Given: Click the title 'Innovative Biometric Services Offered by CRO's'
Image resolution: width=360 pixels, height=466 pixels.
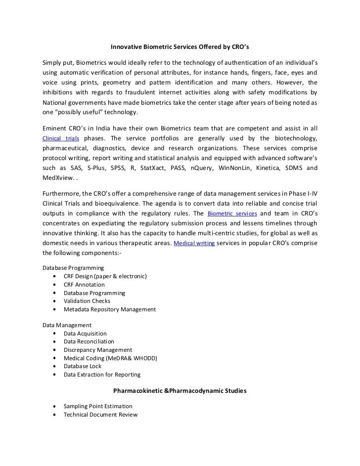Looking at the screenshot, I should [180, 48].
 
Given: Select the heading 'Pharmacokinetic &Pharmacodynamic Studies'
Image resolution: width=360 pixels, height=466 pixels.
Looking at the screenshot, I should [180, 391].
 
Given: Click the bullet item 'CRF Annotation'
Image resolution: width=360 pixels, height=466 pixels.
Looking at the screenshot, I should [84, 285].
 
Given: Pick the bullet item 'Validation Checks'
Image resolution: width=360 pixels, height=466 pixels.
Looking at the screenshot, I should [87, 301].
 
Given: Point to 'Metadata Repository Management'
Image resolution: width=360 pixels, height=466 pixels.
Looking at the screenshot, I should [109, 309].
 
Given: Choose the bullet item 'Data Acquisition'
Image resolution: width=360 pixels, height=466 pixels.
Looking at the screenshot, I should [85, 334].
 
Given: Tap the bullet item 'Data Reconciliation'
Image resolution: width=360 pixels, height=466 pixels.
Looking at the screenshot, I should [89, 341].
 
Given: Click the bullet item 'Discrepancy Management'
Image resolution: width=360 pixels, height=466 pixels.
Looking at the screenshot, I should [98, 350].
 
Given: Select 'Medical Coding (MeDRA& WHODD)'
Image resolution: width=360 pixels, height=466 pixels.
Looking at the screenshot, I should [110, 358].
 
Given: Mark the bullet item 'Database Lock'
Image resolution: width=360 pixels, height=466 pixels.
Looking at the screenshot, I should [82, 366].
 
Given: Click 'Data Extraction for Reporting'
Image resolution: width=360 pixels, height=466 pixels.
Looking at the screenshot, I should [102, 375].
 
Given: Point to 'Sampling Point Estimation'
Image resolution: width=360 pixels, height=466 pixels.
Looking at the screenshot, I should [98, 406].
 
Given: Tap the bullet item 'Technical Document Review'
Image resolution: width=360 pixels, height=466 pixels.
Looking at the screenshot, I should [100, 415].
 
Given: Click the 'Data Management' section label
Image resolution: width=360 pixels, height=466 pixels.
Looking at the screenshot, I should [67, 325].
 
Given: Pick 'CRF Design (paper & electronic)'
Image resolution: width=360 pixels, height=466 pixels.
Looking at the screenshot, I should [105, 276].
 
